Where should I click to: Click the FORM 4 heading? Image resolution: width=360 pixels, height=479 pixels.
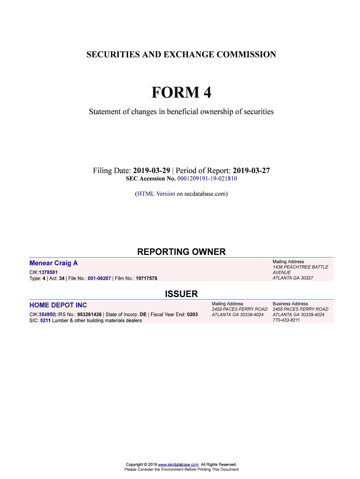point(181,93)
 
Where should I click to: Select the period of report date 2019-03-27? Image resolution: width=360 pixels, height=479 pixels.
point(251,171)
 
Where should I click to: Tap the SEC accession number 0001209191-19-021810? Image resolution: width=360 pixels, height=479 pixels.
point(207,179)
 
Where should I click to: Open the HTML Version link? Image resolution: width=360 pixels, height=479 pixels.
point(156,193)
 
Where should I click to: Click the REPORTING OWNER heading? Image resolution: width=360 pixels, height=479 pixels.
point(181,252)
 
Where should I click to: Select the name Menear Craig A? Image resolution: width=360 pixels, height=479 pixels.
point(53,263)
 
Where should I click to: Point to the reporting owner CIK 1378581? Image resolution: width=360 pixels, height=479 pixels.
point(48,272)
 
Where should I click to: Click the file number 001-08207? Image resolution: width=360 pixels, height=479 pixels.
point(96,278)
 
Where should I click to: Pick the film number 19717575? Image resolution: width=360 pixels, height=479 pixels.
point(146,278)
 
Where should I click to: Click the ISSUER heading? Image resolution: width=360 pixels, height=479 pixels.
point(181,294)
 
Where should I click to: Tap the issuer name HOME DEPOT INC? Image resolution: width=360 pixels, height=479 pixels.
point(58,305)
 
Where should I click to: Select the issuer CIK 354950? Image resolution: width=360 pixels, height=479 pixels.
point(47,314)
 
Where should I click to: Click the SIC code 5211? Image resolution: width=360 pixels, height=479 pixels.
point(45,320)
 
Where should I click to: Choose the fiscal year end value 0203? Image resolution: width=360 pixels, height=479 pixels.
point(192,314)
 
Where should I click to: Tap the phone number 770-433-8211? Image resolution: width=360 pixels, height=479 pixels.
point(286,320)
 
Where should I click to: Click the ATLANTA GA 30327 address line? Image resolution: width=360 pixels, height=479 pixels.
point(293,278)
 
